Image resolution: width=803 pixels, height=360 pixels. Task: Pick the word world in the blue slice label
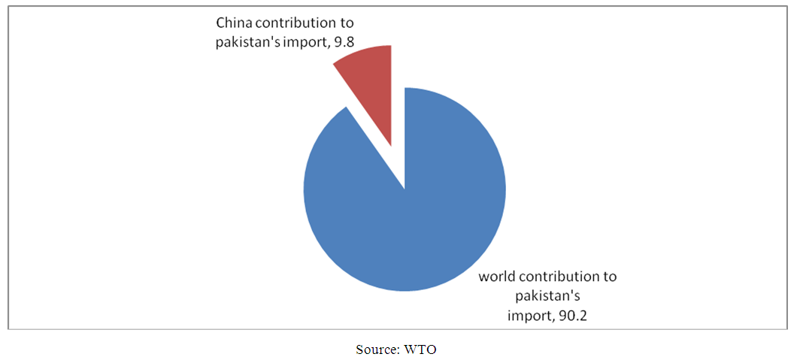497,277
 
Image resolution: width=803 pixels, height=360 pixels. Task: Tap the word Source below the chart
377,349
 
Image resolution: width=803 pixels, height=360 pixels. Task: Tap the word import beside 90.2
530,315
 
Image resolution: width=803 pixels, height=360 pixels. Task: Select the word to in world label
609,277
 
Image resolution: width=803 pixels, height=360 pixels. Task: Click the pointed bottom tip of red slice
391,145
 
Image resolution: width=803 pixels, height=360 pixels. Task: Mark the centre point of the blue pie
405,189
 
